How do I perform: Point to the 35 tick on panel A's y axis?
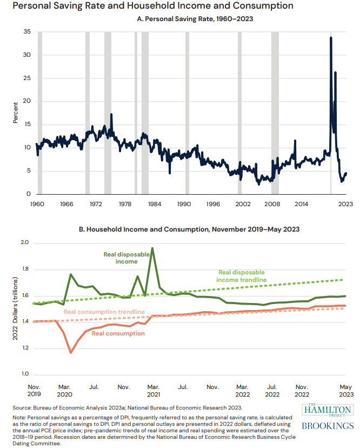point(27,32)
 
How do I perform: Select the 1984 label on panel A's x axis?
point(154,205)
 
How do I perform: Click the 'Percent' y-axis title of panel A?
point(15,113)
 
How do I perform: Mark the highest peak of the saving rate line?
point(331,37)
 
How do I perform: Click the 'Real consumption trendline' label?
point(104,312)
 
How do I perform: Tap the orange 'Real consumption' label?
point(118,333)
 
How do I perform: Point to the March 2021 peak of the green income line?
point(152,248)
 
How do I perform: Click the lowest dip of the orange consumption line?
point(71,352)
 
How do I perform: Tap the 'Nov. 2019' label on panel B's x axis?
point(34,391)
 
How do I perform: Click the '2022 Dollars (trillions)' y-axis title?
point(16,308)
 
